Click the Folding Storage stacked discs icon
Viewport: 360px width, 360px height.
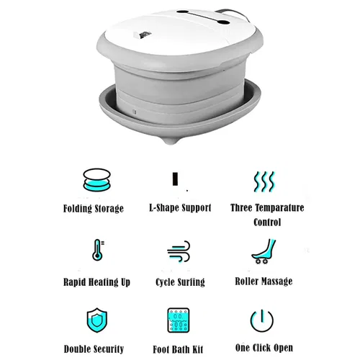click(96, 180)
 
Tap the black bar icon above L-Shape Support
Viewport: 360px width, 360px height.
click(175, 179)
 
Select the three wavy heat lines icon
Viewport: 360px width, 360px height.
click(264, 181)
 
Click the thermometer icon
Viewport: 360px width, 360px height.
click(98, 250)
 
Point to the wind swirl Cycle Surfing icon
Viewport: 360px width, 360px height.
click(179, 251)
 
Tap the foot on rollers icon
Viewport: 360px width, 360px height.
click(264, 251)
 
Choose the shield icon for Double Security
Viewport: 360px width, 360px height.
click(97, 320)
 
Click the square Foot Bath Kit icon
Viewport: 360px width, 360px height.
click(179, 320)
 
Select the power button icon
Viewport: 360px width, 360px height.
click(262, 320)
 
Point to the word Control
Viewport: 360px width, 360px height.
click(267, 222)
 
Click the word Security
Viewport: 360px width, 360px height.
click(109, 349)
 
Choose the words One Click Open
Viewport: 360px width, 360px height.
click(264, 348)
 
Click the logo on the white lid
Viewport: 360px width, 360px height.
click(142, 35)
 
